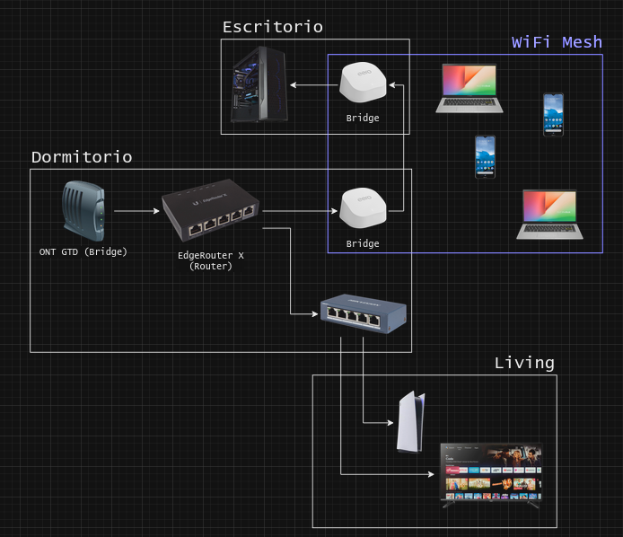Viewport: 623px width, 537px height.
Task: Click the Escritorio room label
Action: (x=272, y=27)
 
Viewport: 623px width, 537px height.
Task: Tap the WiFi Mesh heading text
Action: (x=557, y=42)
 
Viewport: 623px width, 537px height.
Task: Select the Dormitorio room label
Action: (x=82, y=157)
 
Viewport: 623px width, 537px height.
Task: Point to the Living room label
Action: (x=524, y=363)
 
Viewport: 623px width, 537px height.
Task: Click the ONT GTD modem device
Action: (x=83, y=211)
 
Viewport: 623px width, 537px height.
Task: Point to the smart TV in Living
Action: (x=489, y=474)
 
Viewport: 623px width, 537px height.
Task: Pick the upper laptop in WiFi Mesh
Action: (x=469, y=88)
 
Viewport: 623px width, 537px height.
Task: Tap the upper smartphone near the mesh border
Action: (x=553, y=114)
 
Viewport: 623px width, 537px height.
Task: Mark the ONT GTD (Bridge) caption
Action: (x=83, y=251)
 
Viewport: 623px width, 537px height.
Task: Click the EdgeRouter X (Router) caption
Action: (x=211, y=260)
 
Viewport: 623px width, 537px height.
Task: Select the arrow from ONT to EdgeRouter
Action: (x=135, y=212)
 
